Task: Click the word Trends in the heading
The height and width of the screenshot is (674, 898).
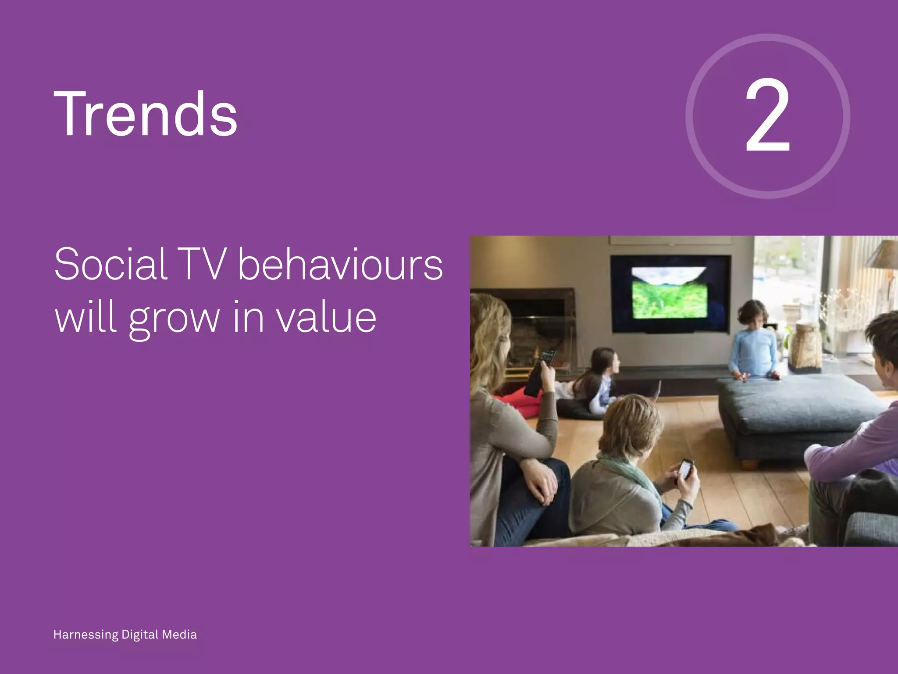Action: pyautogui.click(x=146, y=114)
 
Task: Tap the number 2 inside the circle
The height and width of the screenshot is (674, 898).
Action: pyautogui.click(x=767, y=115)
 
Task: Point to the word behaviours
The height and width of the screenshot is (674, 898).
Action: pyautogui.click(x=340, y=264)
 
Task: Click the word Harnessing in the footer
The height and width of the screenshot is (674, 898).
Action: pyautogui.click(x=86, y=635)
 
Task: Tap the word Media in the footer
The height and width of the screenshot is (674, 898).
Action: pyautogui.click(x=179, y=635)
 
